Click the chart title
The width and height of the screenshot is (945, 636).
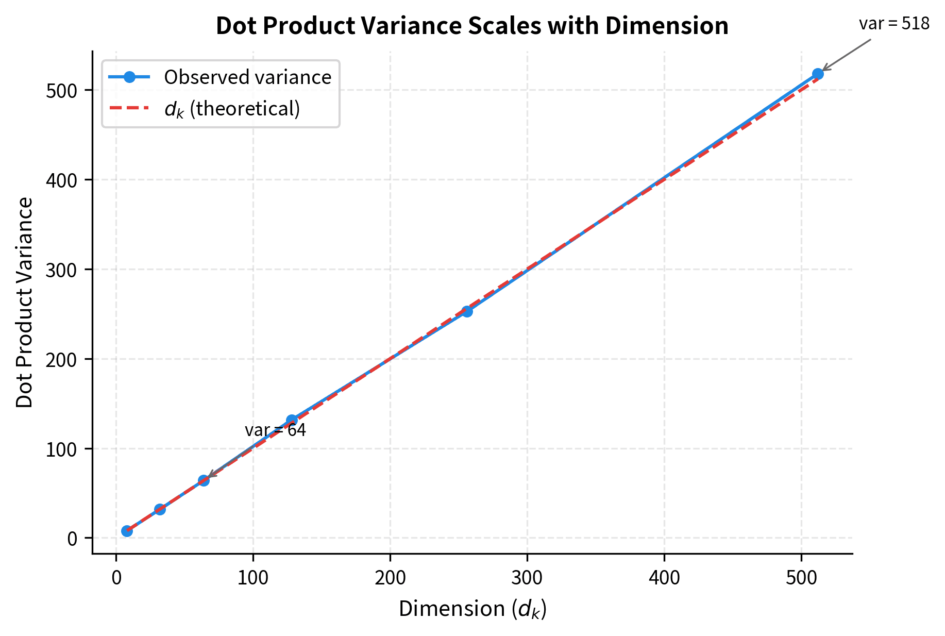coord(472,26)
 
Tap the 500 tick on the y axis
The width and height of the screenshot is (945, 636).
coord(61,91)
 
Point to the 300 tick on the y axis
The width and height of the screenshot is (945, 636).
coord(61,270)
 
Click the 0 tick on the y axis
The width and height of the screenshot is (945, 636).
coord(72,539)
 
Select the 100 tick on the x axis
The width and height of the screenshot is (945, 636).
coord(253,578)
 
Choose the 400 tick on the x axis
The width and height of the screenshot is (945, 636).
coord(664,578)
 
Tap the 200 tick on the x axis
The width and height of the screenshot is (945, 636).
coord(390,578)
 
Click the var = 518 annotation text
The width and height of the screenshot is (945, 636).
coord(894,24)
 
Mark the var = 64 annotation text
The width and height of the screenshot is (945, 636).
coord(275,430)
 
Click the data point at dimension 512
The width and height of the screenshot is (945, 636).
coord(818,74)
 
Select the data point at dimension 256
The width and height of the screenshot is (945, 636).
coord(467,311)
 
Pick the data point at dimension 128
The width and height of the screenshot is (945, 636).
coord(292,420)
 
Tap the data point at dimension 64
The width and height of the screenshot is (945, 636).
coord(204,480)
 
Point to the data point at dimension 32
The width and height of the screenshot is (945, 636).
coord(160,509)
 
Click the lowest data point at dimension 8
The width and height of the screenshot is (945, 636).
coord(127,531)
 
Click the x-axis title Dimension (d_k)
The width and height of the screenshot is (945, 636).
coord(472,609)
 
